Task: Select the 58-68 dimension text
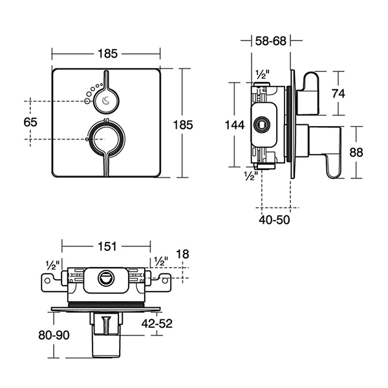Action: [271, 41]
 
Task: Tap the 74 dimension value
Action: [338, 92]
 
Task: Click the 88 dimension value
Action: [356, 152]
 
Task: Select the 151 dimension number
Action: [107, 246]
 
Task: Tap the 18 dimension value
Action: [183, 255]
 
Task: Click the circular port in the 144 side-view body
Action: [264, 124]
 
